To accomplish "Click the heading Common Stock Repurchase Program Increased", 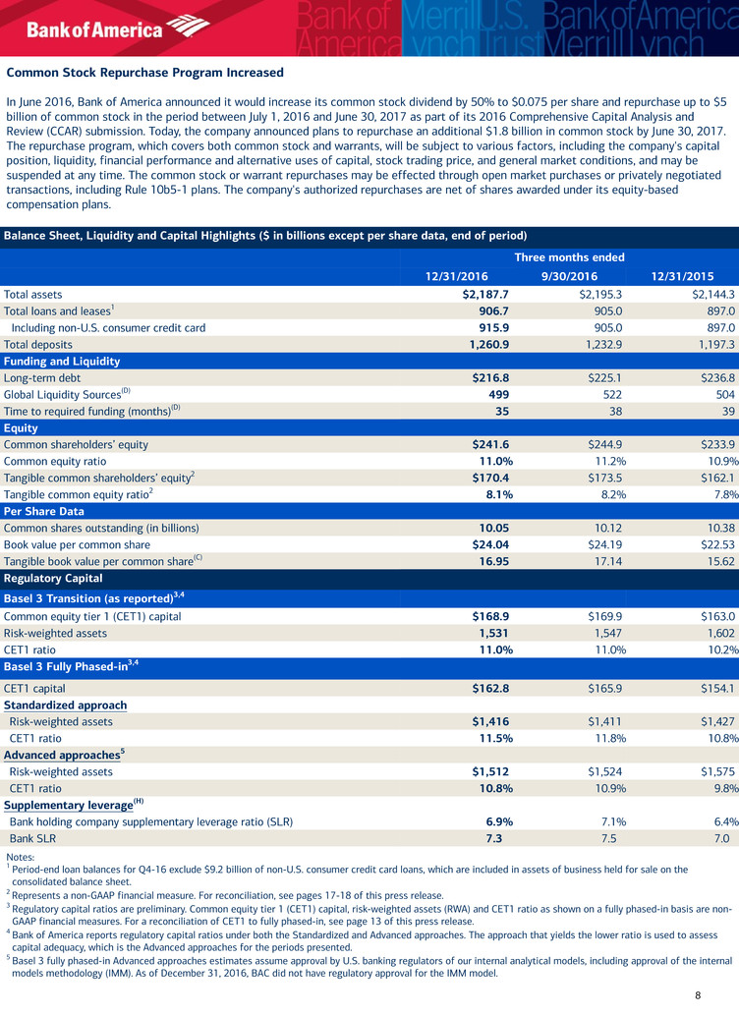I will pos(144,73).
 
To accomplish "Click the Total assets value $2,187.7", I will pos(487,293).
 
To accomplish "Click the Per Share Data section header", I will pos(46,511).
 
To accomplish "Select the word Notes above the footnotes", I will pos(20,857).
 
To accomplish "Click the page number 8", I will pos(697,995).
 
